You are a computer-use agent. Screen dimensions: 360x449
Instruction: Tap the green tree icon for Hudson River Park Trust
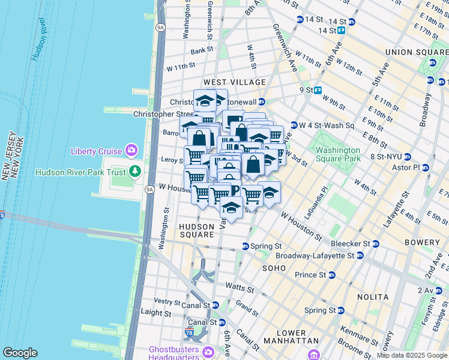click(x=136, y=172)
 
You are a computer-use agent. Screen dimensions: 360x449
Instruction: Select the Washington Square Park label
click(x=338, y=154)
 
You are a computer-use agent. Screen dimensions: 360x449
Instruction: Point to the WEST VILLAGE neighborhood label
click(x=234, y=82)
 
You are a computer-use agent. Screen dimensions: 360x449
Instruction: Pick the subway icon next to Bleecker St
click(x=375, y=244)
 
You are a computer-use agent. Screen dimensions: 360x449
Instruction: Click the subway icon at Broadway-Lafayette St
click(x=360, y=255)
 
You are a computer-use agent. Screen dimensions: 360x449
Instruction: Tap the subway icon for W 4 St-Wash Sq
click(x=294, y=125)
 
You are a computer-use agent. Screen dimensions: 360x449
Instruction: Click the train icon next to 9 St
click(x=318, y=91)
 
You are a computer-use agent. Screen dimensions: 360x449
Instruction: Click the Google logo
click(x=20, y=353)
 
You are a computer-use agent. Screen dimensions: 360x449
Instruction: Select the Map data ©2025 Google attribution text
click(x=411, y=356)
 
